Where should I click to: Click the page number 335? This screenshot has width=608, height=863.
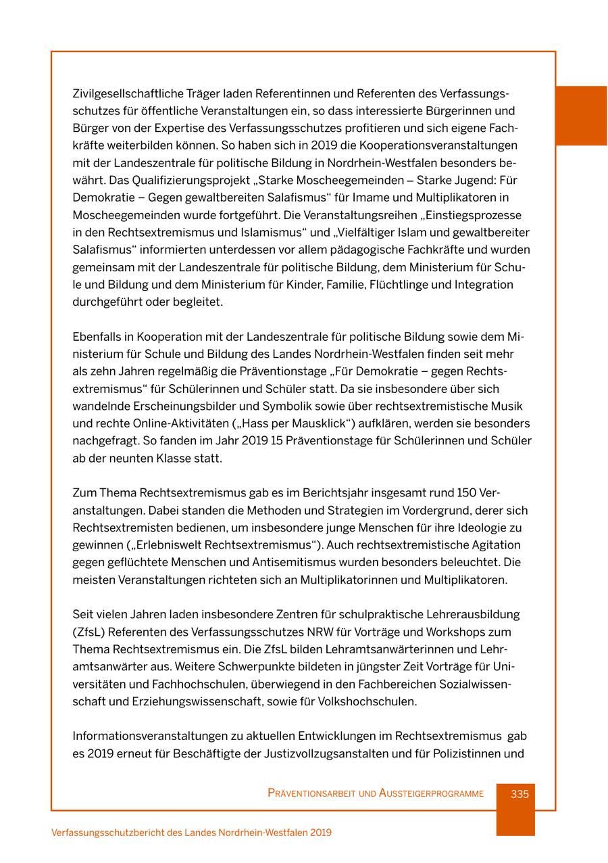tap(520, 794)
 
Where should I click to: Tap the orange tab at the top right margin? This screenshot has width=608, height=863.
tap(581, 115)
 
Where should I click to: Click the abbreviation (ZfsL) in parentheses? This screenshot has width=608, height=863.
tap(88, 632)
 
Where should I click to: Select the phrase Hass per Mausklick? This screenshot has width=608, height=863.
tap(300, 423)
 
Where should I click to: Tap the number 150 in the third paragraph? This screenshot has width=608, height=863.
tap(467, 492)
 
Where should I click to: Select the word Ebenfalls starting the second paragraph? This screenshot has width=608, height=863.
tap(97, 336)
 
